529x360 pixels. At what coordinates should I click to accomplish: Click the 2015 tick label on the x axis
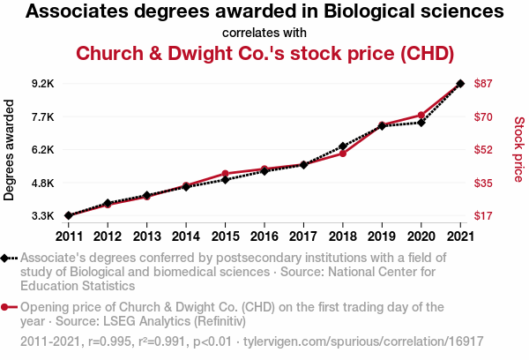[x=225, y=236]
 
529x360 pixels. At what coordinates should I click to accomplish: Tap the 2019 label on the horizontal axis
[x=382, y=236]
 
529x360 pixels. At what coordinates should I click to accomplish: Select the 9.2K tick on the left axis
[x=42, y=84]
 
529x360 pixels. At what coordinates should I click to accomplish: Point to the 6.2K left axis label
[x=42, y=150]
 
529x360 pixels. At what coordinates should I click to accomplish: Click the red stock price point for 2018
[x=342, y=154]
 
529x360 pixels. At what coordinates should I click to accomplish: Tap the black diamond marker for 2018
[x=342, y=146]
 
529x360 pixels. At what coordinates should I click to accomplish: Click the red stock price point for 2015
[x=225, y=174]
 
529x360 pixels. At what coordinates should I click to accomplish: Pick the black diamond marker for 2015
[x=225, y=179]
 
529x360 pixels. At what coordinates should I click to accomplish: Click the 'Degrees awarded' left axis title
[x=10, y=150]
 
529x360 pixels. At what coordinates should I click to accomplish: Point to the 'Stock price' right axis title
[x=518, y=150]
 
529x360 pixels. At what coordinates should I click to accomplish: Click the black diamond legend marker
[x=6, y=258]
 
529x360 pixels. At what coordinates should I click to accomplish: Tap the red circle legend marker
[x=6, y=307]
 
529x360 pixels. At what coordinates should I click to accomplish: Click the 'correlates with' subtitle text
[x=264, y=33]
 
